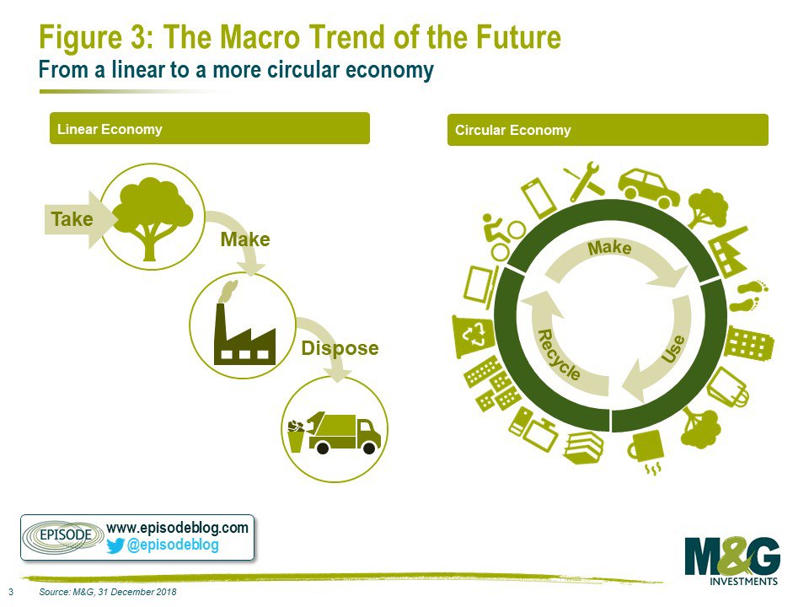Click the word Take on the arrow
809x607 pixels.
[x=72, y=219]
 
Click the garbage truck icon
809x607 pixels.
[x=335, y=432]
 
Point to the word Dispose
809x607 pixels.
[x=340, y=348]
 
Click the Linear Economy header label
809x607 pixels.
[x=110, y=129]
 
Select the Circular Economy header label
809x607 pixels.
[x=513, y=130]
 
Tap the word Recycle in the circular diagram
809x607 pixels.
[x=559, y=355]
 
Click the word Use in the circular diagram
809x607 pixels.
[x=673, y=349]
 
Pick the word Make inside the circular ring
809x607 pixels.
[x=609, y=248]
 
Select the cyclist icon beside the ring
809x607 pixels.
[x=502, y=236]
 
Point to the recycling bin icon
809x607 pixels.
[x=472, y=335]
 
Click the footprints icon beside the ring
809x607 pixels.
[x=749, y=295]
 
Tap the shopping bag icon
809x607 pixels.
[x=728, y=388]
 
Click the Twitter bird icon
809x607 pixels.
[x=115, y=545]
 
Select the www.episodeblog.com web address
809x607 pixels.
[x=177, y=528]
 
